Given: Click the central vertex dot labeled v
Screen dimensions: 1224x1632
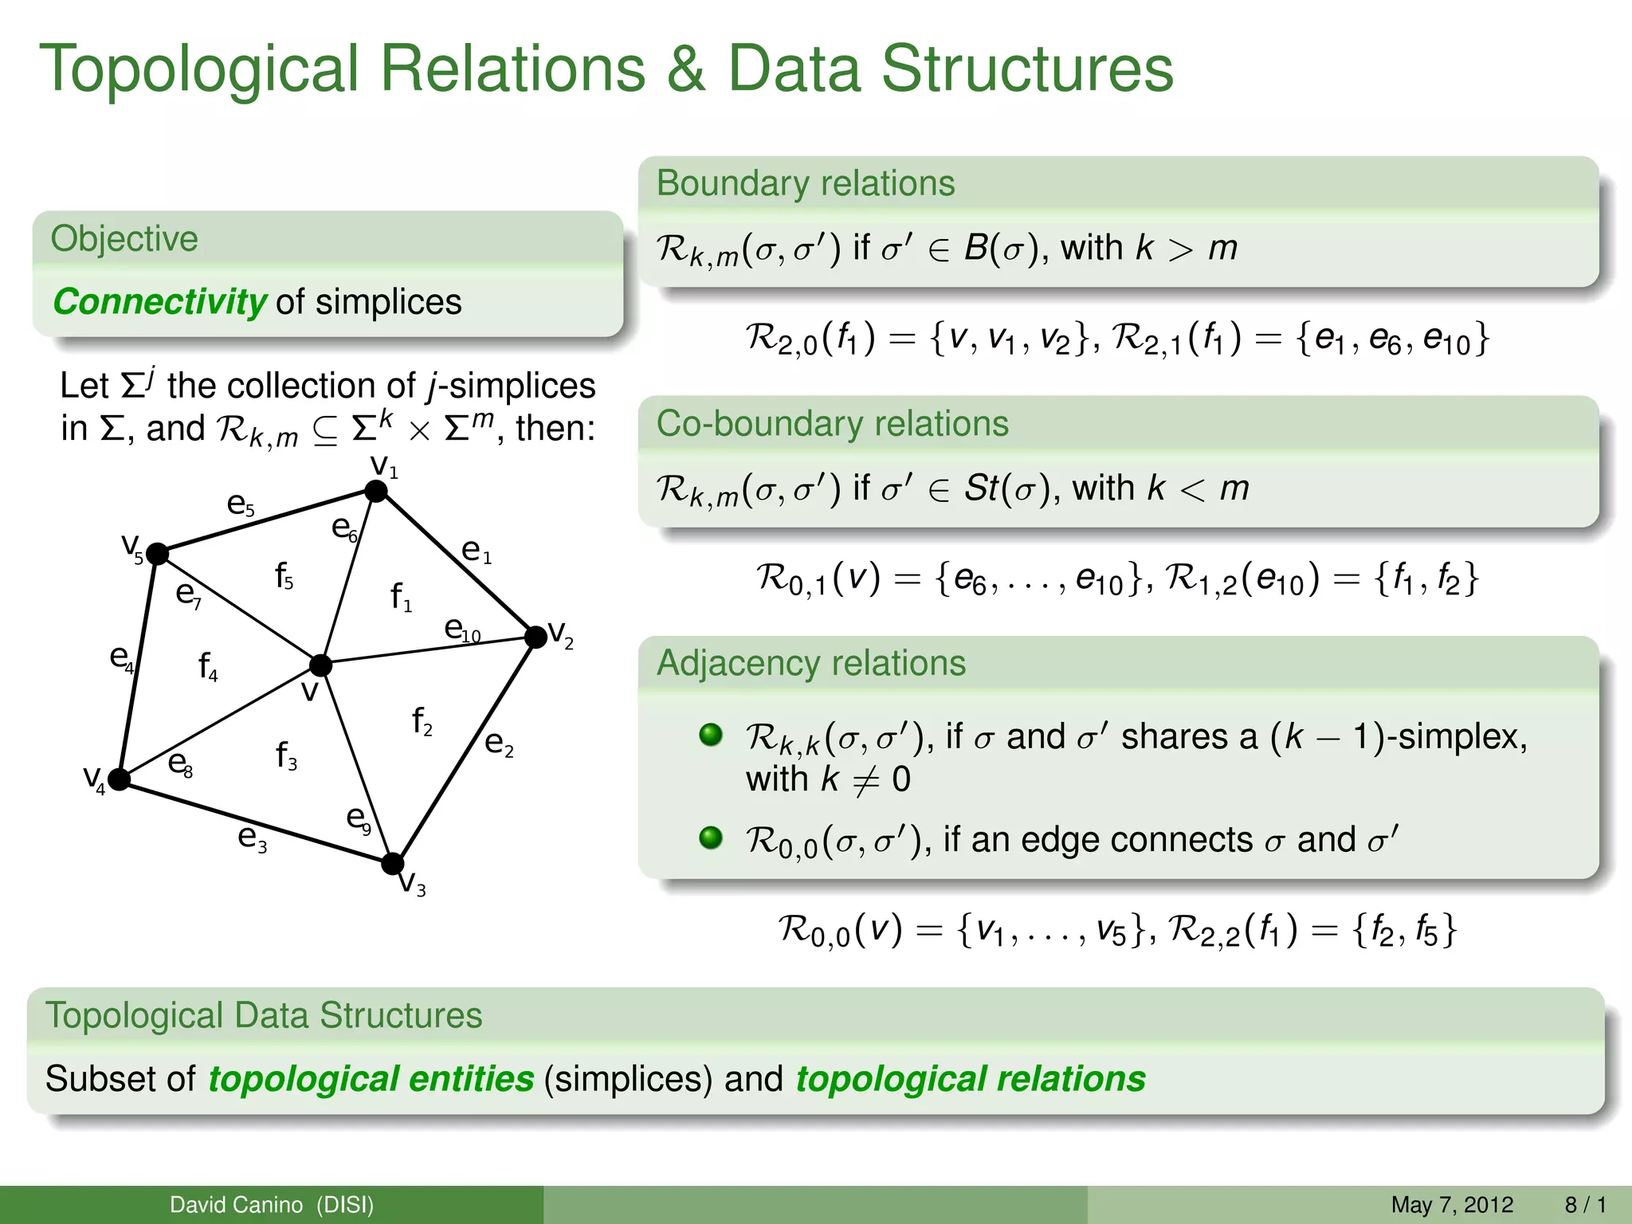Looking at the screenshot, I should [320, 664].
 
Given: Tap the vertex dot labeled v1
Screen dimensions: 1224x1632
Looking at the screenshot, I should [376, 491].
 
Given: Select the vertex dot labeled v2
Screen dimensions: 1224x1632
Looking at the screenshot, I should [536, 636].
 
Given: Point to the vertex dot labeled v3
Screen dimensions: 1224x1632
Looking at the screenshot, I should [393, 863].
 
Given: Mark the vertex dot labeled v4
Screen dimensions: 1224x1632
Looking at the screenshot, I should [120, 779].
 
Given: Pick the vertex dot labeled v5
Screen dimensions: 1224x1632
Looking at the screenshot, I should [158, 553].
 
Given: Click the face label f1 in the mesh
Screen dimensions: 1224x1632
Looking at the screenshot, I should [400, 596].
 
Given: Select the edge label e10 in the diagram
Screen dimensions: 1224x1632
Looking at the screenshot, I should [462, 630].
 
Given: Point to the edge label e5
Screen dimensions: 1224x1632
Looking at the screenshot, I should [240, 504].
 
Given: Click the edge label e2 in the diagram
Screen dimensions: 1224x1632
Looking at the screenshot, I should [499, 743].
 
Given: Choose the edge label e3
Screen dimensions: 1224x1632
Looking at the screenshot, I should [252, 838].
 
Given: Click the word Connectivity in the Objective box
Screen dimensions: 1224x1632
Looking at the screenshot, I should [159, 302].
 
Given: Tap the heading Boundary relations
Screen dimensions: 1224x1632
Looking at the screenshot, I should [805, 183].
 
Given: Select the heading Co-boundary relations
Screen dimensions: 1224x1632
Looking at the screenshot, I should [832, 423].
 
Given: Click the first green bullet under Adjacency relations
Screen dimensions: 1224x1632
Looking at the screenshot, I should [710, 735].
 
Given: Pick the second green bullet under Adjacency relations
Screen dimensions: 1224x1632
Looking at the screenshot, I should [710, 838].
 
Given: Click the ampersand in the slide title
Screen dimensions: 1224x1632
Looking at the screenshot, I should [686, 69].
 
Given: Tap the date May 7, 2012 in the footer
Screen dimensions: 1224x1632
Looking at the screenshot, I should [1451, 1204].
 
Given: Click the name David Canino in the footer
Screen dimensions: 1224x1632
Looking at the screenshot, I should [236, 1204].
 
